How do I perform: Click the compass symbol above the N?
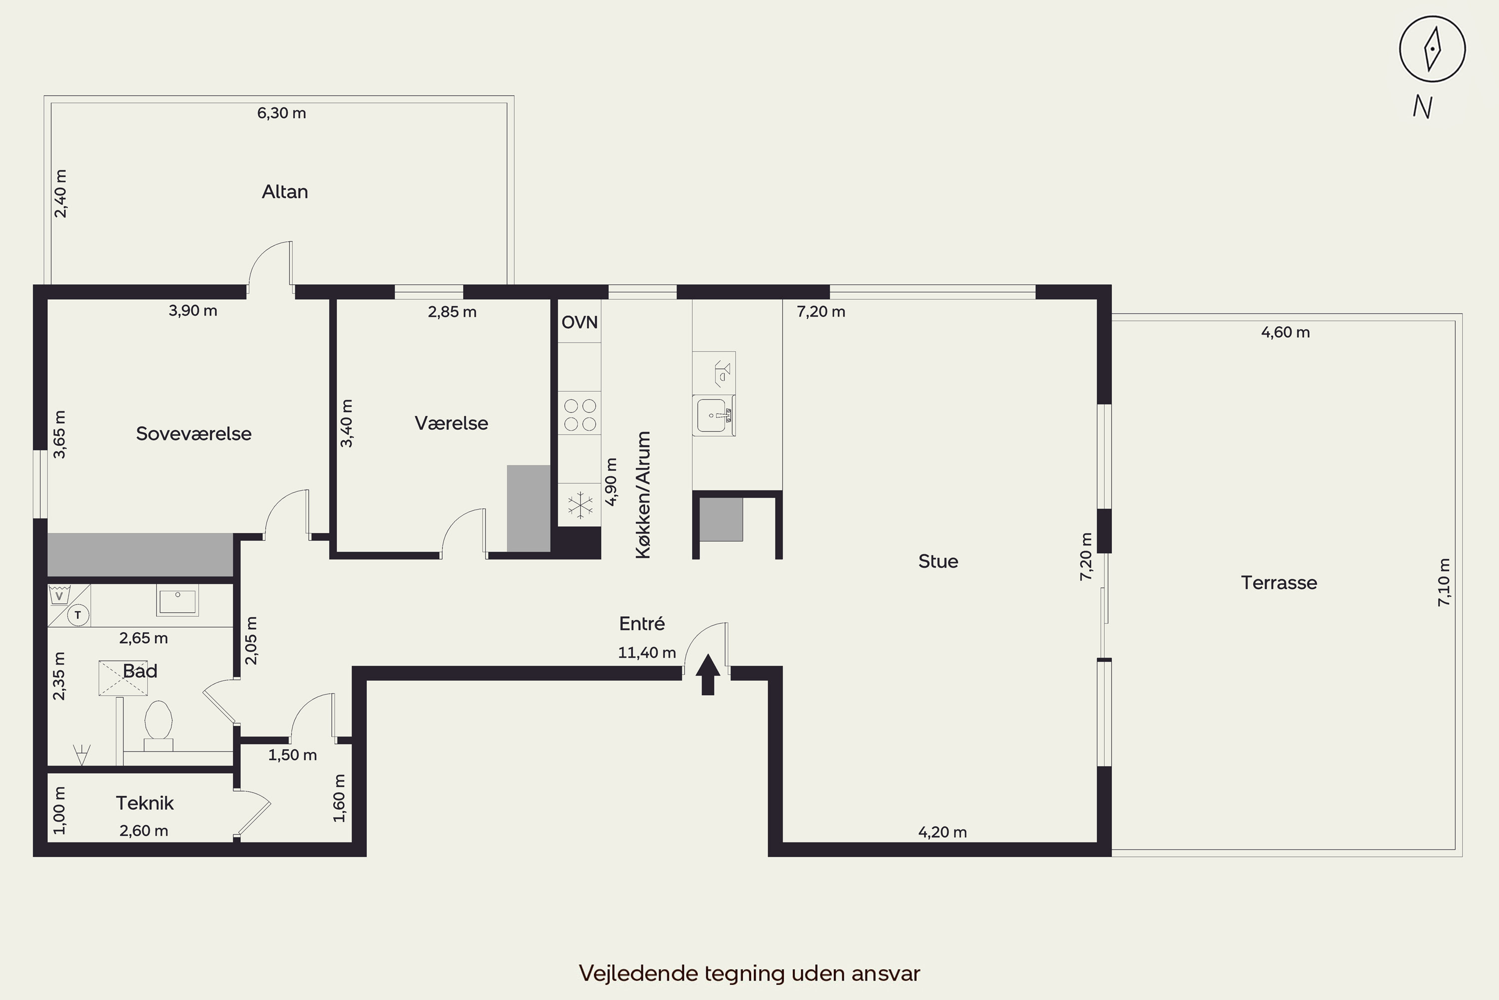click(1432, 49)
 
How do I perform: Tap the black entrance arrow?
click(708, 674)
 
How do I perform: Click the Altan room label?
click(285, 191)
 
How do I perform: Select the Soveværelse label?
click(194, 433)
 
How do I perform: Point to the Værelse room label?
click(451, 423)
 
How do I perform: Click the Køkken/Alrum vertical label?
click(643, 495)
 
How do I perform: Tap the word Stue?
click(938, 561)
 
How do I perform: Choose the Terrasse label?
click(1279, 582)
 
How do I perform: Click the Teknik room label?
click(145, 803)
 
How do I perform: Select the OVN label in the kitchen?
click(579, 322)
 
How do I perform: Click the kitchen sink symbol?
click(714, 415)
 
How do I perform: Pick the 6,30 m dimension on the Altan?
click(282, 113)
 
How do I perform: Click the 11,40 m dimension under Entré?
click(647, 652)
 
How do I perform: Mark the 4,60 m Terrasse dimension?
click(1286, 332)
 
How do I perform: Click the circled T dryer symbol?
click(78, 615)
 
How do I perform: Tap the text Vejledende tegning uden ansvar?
click(749, 973)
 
